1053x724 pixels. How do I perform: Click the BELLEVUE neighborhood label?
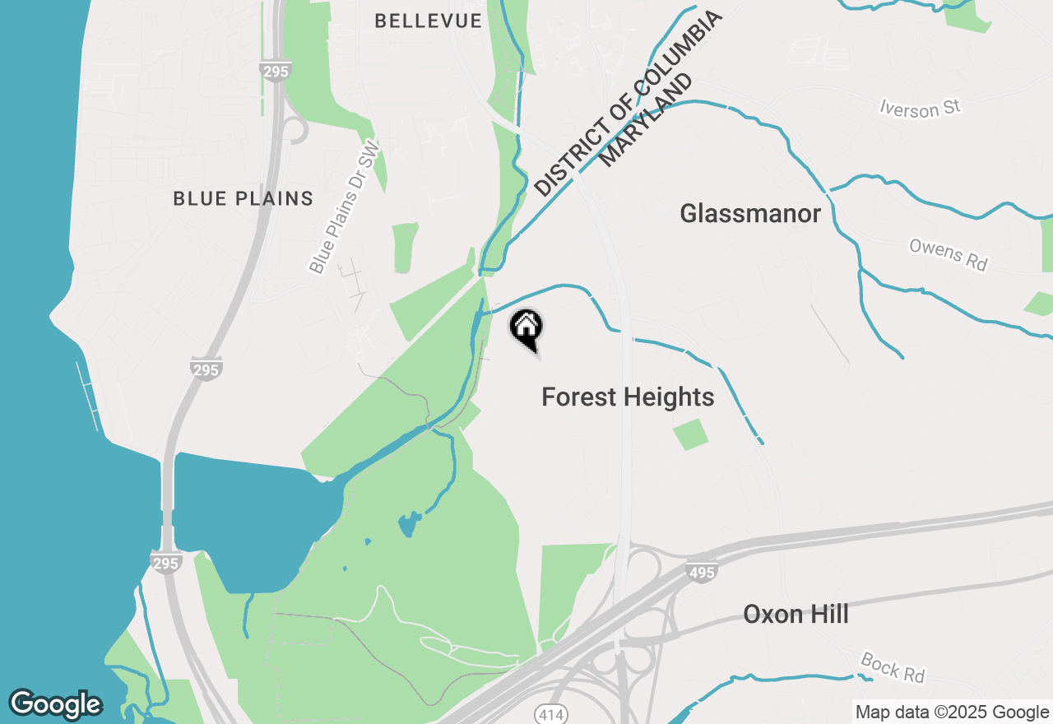coord(428,21)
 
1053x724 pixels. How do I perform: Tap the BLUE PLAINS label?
coord(244,198)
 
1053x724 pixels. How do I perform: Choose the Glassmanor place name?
coord(750,214)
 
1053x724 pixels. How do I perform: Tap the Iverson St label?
coord(920,107)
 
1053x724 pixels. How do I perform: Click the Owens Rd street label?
coord(948,254)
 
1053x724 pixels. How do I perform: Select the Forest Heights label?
coord(628,397)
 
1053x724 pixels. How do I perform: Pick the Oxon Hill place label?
coord(796,615)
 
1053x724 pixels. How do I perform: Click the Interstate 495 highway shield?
coord(701,572)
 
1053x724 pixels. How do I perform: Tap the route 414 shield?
coord(550,714)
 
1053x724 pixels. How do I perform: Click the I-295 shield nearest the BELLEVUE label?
coord(276,71)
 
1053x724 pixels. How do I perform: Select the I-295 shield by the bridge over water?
coord(165,563)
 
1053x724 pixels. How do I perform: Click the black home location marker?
coord(526,327)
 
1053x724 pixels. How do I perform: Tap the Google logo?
coord(55,704)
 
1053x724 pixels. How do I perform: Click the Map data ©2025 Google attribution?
coord(951,712)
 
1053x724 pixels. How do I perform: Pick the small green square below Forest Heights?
coord(690,434)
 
